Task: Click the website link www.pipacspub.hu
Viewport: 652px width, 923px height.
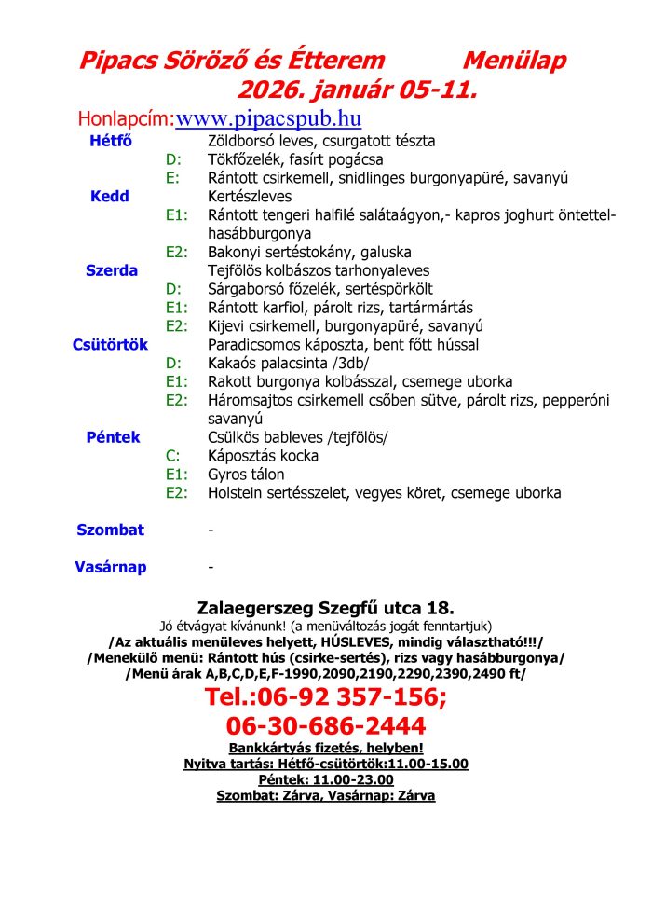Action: (x=268, y=119)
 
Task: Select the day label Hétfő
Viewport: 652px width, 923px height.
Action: (x=110, y=141)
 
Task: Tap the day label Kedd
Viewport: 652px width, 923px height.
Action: (x=110, y=197)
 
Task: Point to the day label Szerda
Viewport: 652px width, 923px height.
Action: (x=112, y=271)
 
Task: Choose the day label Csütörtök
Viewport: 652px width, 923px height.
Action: (x=110, y=345)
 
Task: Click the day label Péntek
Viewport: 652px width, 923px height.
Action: (x=113, y=437)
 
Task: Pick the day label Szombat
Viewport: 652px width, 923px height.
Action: (x=110, y=530)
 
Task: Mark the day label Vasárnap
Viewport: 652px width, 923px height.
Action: (x=110, y=567)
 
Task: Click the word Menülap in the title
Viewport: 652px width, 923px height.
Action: (x=514, y=62)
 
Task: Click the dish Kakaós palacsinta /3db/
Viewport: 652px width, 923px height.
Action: (x=289, y=364)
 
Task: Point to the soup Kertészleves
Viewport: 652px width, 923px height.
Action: (x=250, y=197)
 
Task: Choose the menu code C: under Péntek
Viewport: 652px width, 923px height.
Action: (x=172, y=456)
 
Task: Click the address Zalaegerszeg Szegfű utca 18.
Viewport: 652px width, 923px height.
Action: (x=326, y=607)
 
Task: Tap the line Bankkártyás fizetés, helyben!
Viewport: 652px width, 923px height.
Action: (x=326, y=748)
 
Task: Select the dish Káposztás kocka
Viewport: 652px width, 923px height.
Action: (x=263, y=456)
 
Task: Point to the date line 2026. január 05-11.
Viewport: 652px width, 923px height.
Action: (x=358, y=90)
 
